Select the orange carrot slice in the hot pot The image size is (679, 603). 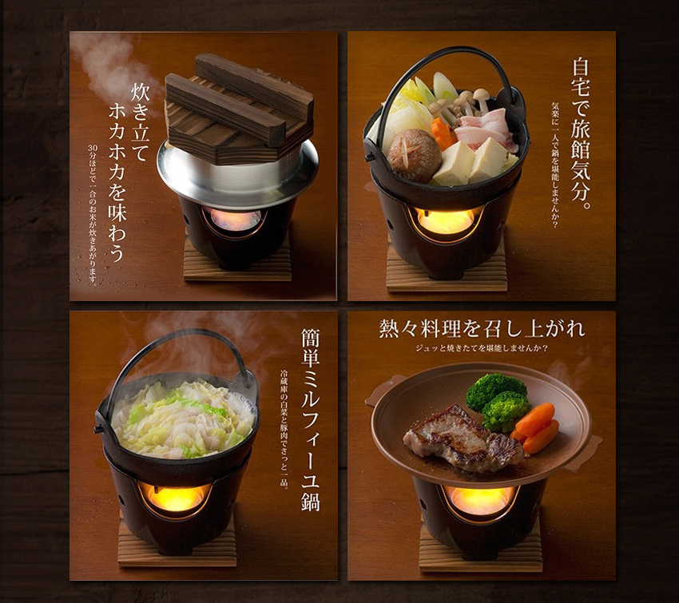tap(442, 133)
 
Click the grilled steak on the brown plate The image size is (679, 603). tap(463, 439)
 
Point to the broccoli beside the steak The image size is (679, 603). tap(498, 400)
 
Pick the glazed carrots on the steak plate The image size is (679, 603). tap(535, 427)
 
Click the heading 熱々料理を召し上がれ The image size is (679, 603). tap(482, 328)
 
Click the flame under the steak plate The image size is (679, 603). tap(481, 501)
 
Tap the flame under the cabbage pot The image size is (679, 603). tap(176, 498)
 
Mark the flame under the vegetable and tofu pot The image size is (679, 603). tap(446, 221)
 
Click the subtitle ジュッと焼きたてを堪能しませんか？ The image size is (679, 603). tap(482, 348)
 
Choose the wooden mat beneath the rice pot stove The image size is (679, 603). tap(237, 264)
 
